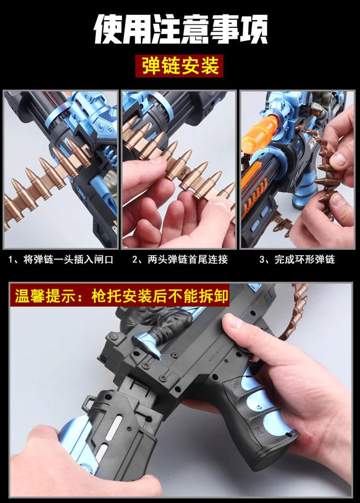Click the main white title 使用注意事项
180,29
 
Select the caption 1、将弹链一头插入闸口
61,259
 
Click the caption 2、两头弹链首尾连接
180,259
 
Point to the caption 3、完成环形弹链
297,259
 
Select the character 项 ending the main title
253,29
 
